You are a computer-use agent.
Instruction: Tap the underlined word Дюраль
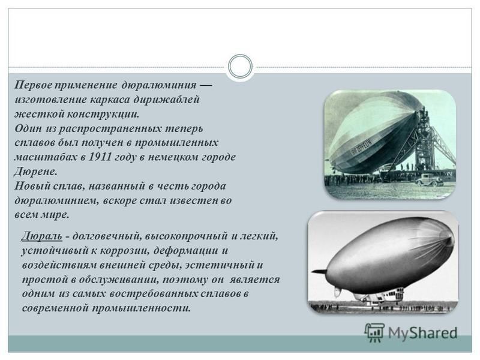pos(42,236)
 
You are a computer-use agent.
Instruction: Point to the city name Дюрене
pos(35,172)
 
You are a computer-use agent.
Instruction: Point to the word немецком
pos(174,157)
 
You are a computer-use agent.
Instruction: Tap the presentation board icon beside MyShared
pos(374,332)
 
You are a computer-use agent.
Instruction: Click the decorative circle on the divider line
pos(241,67)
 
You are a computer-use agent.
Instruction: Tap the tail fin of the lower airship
pos(322,272)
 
